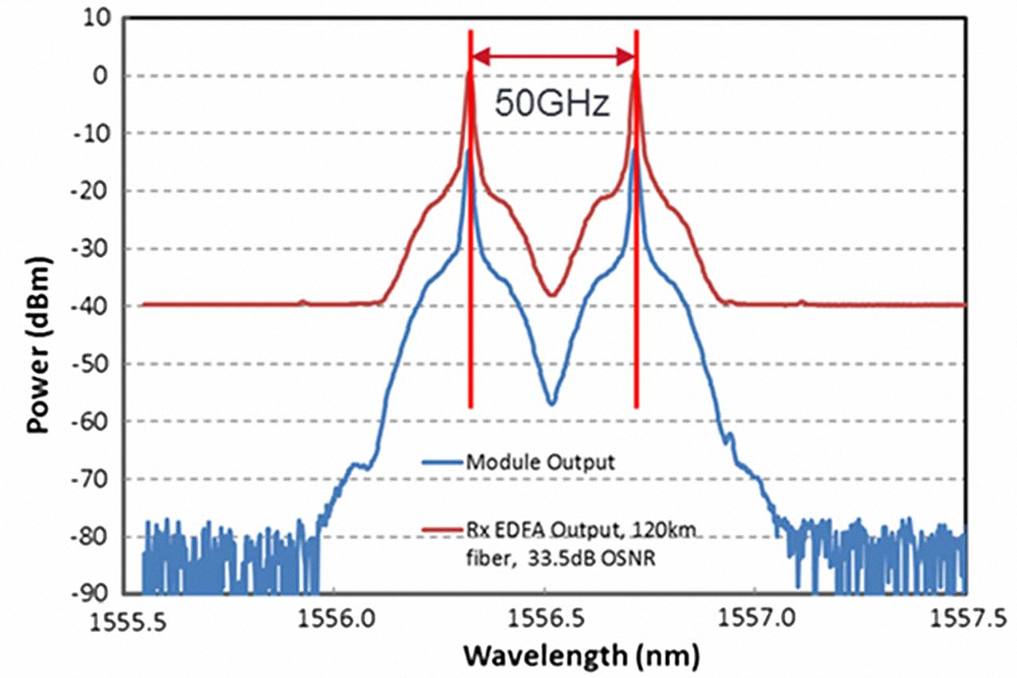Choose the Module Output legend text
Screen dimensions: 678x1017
pos(540,462)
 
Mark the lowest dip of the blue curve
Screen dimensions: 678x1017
pos(551,403)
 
